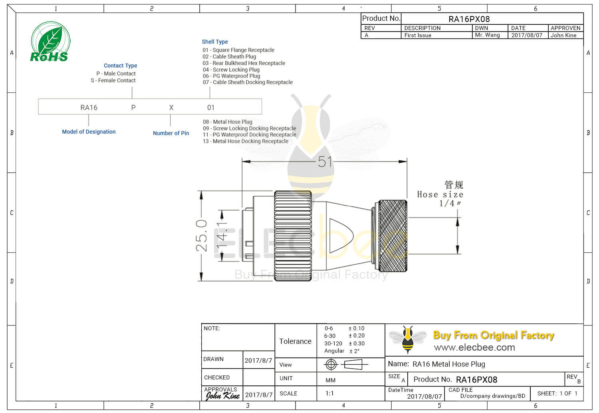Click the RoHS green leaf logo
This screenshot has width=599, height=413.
50,42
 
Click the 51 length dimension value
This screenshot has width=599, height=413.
325,162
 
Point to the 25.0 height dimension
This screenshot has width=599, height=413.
202,235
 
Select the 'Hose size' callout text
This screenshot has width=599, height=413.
440,195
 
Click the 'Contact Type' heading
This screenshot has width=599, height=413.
120,66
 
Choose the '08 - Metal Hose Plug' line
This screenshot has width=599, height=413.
228,122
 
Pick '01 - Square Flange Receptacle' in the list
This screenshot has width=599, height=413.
238,50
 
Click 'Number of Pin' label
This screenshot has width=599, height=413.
171,133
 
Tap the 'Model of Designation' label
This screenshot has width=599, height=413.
89,132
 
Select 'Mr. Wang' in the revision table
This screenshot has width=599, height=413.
487,35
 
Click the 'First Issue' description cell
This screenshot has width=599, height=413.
418,35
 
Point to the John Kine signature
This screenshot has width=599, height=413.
222,395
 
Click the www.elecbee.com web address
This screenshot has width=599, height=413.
474,347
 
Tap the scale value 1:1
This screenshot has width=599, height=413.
329,393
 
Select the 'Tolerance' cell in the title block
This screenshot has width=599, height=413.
295,341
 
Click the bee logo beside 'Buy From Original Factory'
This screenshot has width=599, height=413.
407,339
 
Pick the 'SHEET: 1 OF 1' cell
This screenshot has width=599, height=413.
557,393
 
